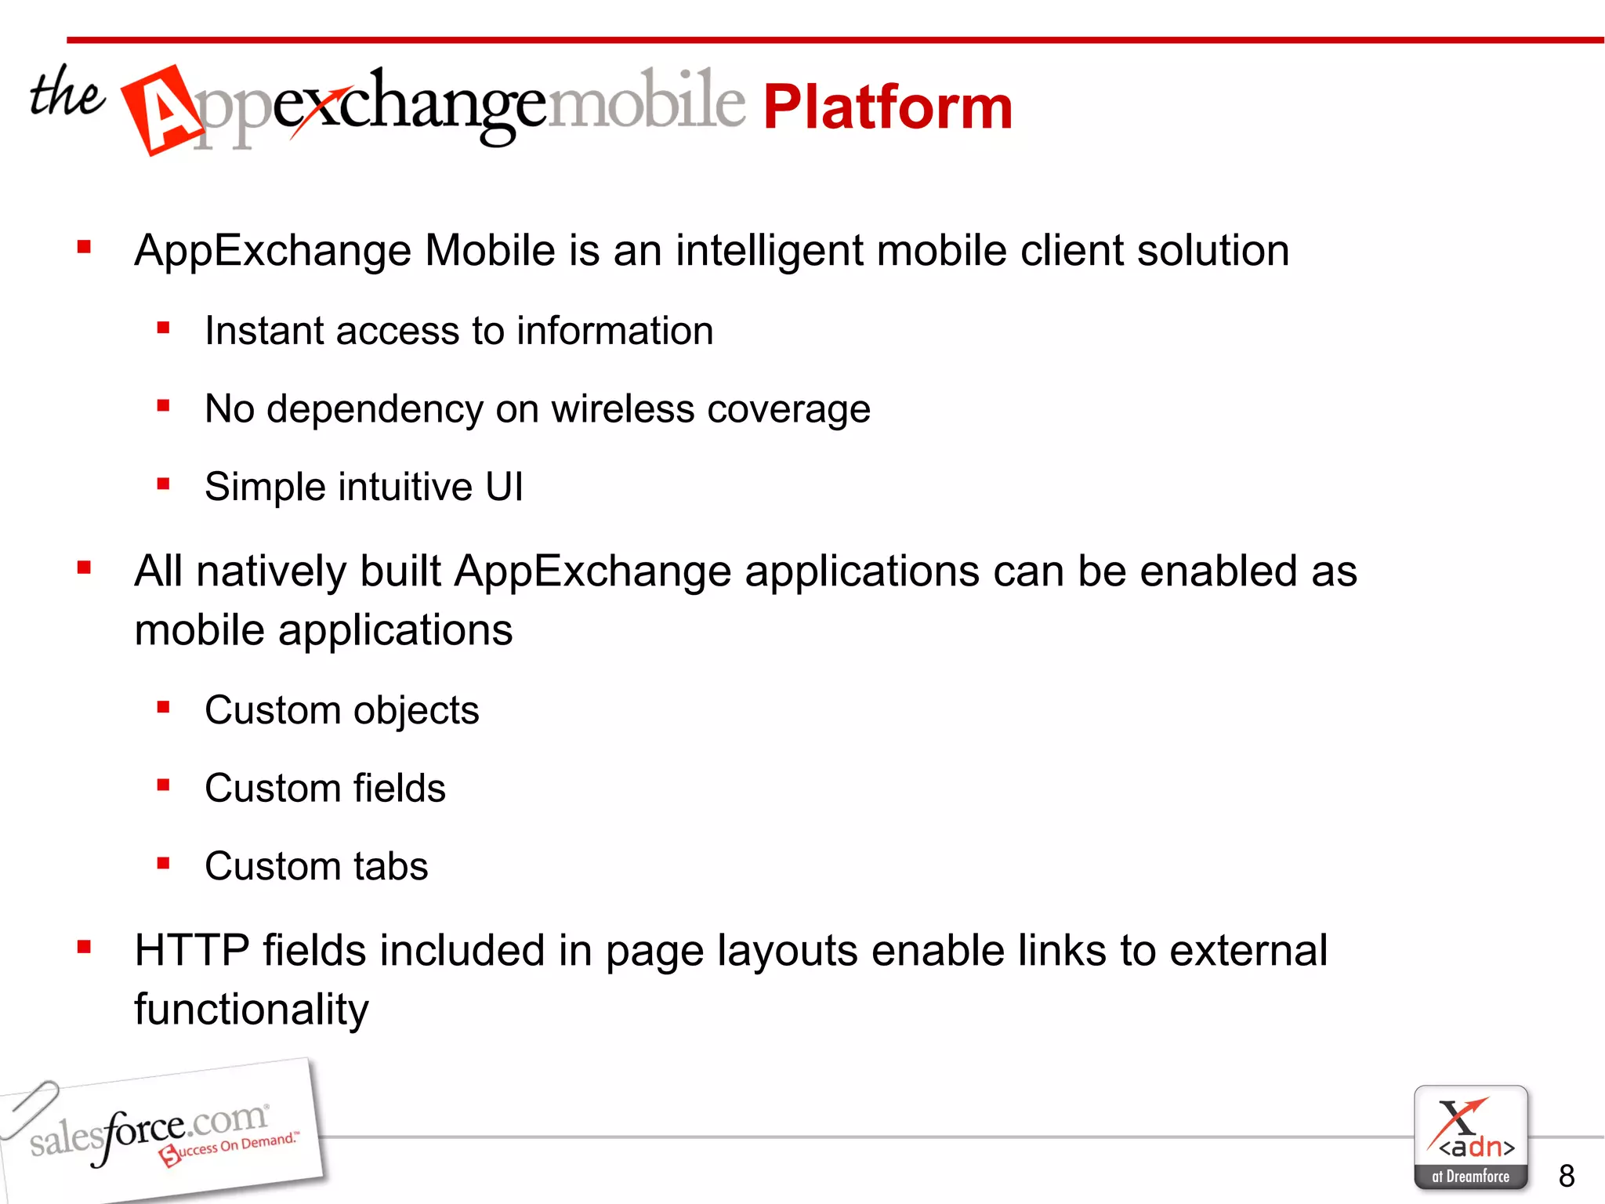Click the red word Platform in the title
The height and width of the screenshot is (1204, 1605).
(887, 107)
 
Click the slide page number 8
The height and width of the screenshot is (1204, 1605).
(1567, 1176)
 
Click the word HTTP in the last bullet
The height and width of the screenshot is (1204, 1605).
(191, 951)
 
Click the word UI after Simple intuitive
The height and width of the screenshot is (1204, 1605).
(504, 487)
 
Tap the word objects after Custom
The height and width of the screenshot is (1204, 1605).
(415, 711)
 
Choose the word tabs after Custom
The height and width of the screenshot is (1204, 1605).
(390, 866)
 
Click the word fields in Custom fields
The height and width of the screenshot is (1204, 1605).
(399, 789)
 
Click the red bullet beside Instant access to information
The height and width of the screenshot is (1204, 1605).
(163, 328)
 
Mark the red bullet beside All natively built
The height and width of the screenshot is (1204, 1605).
(85, 568)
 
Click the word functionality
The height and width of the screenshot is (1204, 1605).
(251, 1010)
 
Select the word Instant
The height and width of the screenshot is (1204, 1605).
(263, 331)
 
